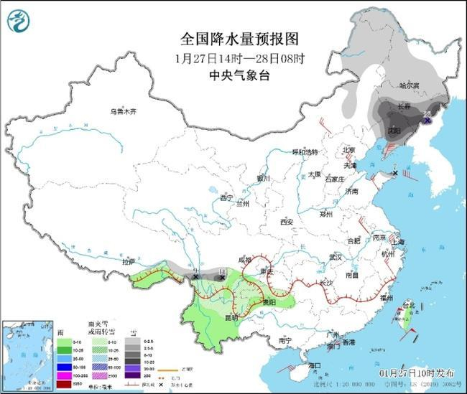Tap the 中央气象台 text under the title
(x=235, y=75)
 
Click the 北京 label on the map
(x=349, y=150)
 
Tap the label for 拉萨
(x=129, y=263)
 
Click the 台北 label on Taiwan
(x=409, y=306)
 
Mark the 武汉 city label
(x=333, y=256)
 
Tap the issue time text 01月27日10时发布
(x=416, y=374)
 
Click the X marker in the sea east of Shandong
(x=396, y=173)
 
